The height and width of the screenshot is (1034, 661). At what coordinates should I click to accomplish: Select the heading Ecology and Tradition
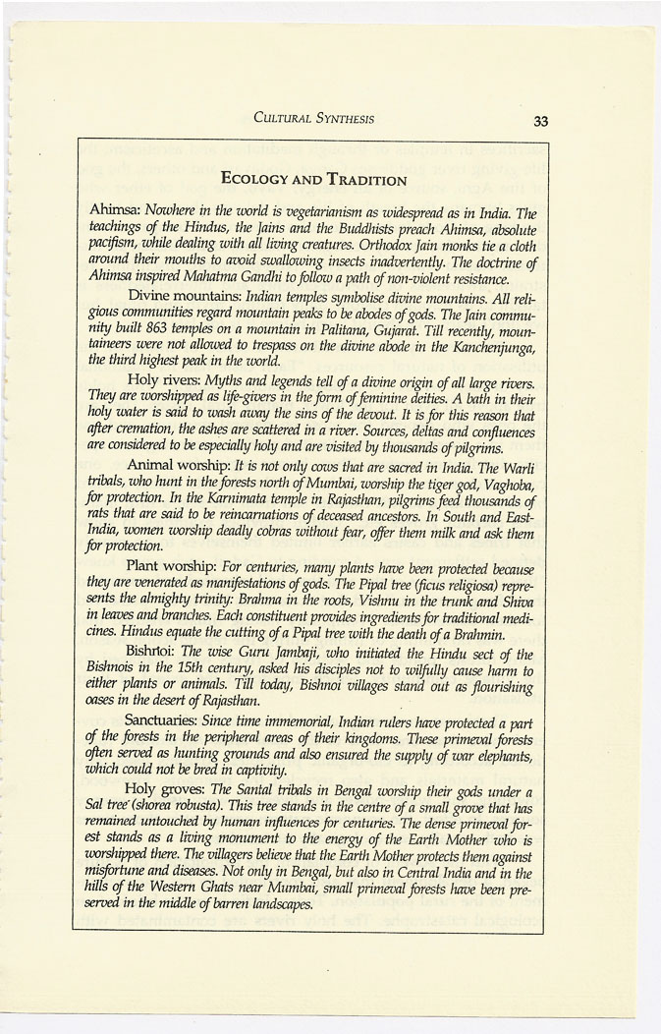tap(314, 179)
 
